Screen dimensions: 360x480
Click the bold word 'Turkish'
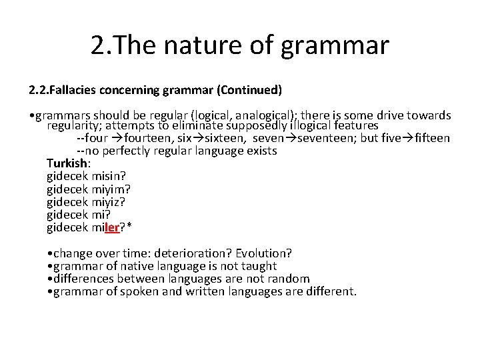[67, 164]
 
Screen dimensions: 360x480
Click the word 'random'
[286, 279]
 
